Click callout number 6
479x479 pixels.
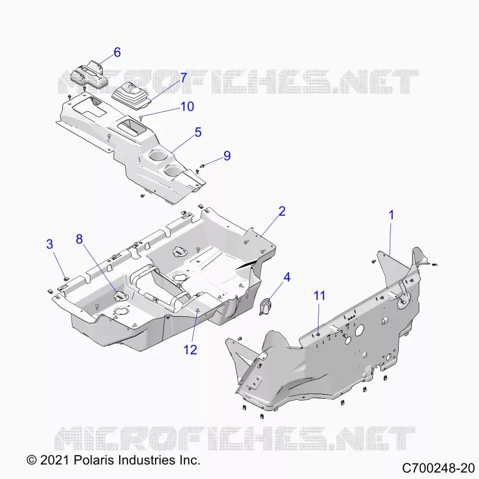tap(117, 52)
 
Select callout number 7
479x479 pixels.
tap(183, 78)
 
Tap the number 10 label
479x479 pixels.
tap(187, 107)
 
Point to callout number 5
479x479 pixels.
tap(198, 132)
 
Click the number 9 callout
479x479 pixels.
tap(227, 156)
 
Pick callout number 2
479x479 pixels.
tap(282, 211)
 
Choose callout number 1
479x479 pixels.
tap(392, 215)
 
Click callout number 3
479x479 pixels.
tap(50, 244)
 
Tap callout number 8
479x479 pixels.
tap(80, 239)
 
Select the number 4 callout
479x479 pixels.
tap(287, 277)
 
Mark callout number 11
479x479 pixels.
tap(320, 296)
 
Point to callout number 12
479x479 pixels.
tap(190, 350)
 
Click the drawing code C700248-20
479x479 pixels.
tap(438, 468)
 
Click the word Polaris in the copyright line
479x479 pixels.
tap(93, 460)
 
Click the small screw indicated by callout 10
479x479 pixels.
tap(141, 117)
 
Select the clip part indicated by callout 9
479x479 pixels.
tap(202, 166)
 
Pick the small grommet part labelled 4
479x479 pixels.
tap(265, 306)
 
